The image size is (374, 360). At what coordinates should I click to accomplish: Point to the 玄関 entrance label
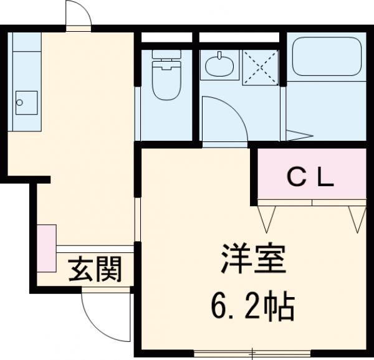click(95, 270)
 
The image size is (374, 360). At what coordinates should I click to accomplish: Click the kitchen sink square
click(26, 102)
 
